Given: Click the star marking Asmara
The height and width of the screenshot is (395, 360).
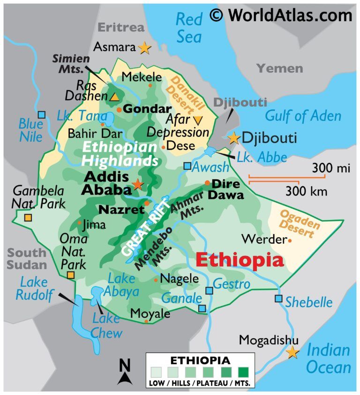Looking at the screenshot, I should tap(144, 47).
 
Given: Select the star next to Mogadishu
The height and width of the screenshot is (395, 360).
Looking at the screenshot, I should tap(292, 352).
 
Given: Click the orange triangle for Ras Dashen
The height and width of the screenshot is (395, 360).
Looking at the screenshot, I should tap(114, 97).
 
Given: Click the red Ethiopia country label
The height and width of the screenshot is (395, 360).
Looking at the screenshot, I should tap(240, 259).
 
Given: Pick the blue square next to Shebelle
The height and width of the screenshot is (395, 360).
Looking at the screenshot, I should tap(279, 298).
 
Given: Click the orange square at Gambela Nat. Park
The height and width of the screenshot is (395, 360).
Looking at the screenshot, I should tap(28, 218).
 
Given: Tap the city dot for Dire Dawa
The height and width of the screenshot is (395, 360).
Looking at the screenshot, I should tap(207, 183).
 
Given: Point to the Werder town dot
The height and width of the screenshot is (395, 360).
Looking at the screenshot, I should tap(290, 240).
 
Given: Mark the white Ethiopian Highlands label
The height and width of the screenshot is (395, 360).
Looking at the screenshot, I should tap(120, 154).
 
